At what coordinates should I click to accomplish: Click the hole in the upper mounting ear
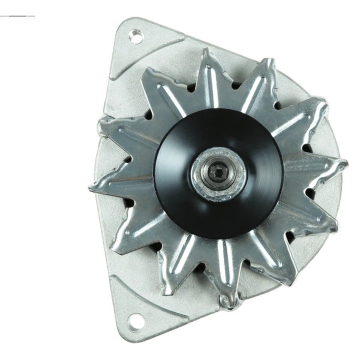click(x=135, y=35)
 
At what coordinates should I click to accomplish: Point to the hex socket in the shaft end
click(x=218, y=173)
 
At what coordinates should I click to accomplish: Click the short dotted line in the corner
click(x=17, y=16)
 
